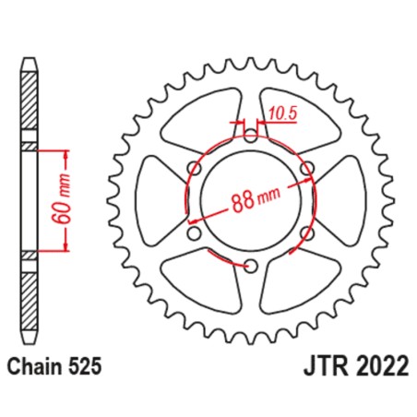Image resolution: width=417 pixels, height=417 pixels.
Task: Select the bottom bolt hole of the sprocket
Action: [x=249, y=267]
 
